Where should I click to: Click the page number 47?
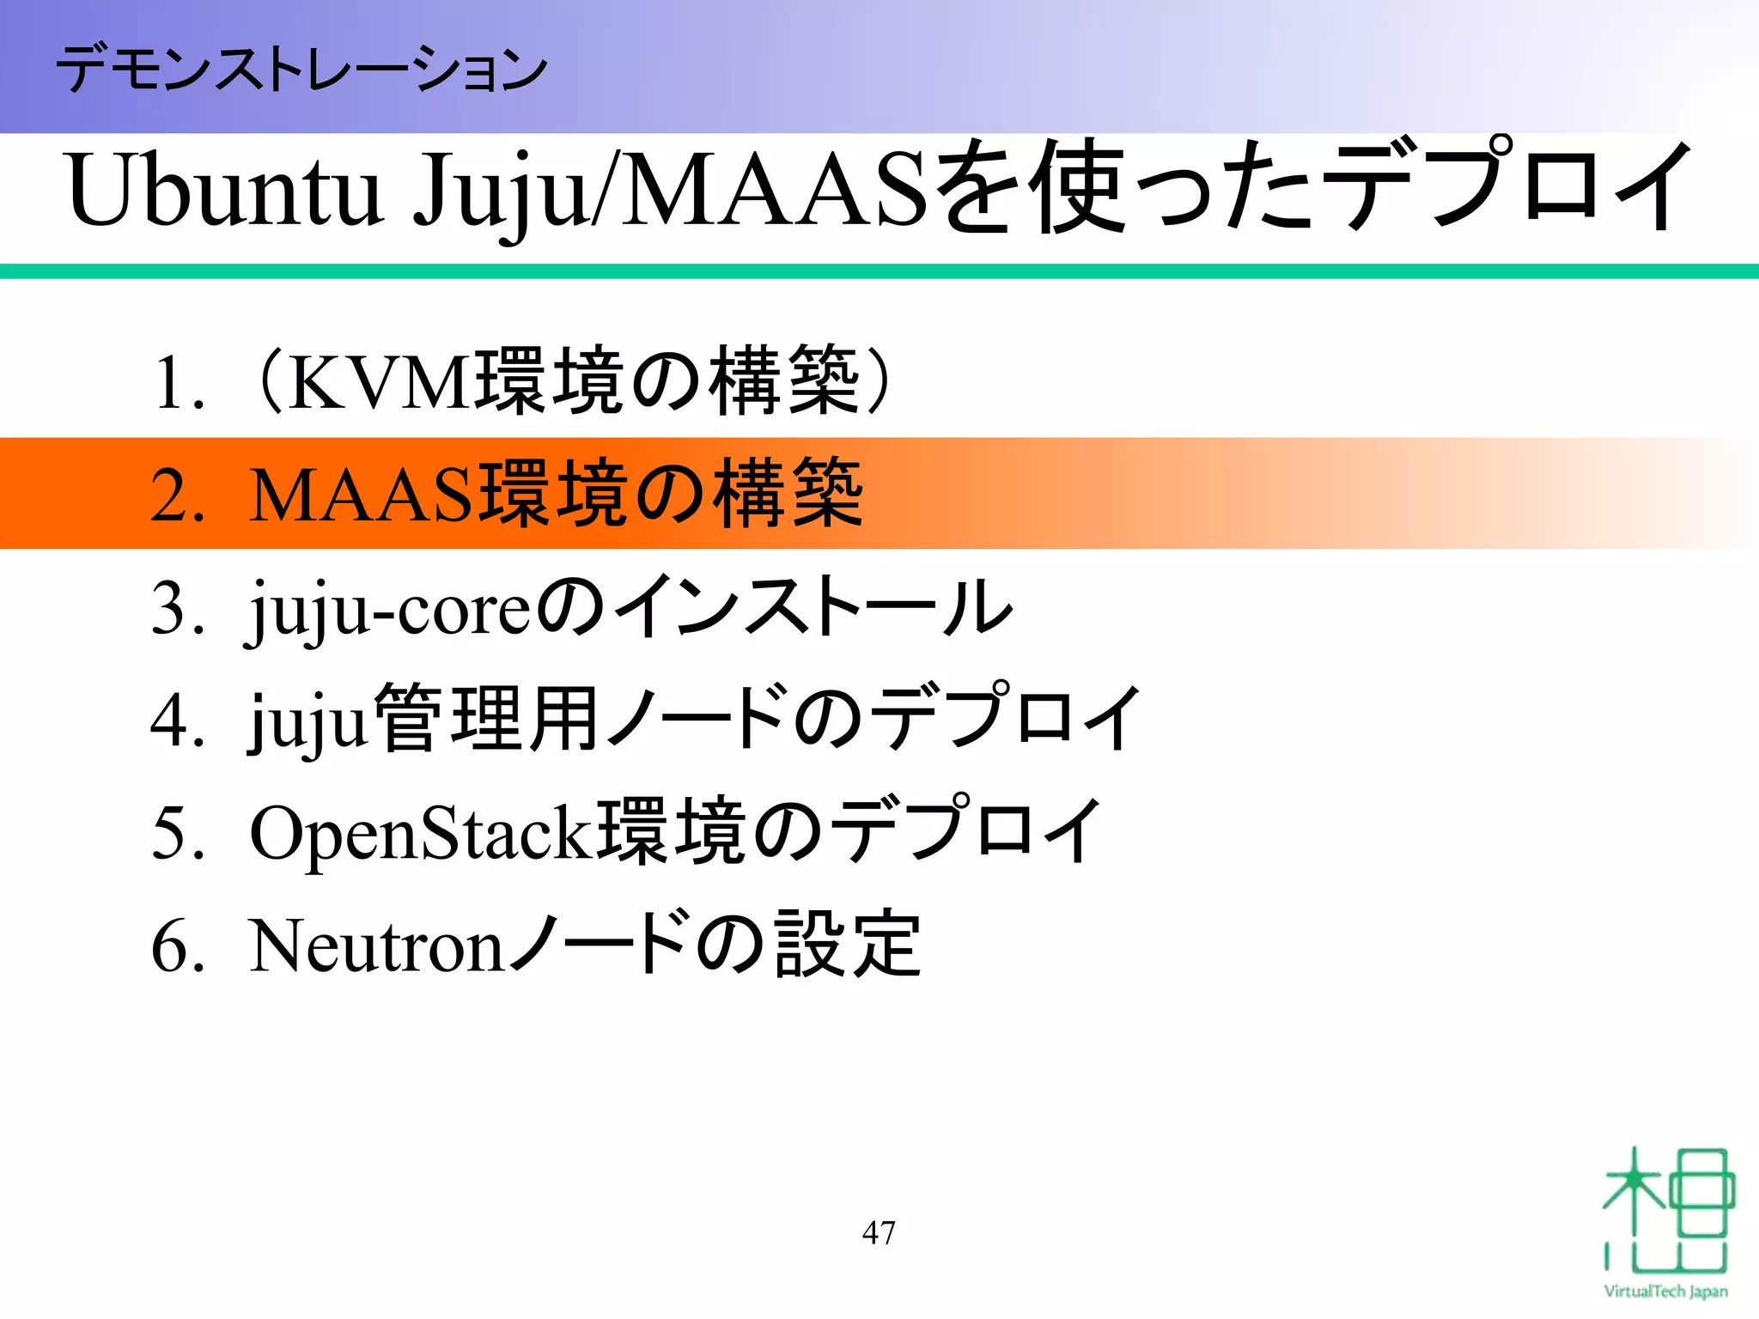[879, 1233]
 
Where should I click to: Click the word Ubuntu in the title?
[223, 191]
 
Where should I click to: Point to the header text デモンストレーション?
[301, 69]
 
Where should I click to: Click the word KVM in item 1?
[378, 383]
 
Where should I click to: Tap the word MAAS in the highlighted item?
[362, 495]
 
